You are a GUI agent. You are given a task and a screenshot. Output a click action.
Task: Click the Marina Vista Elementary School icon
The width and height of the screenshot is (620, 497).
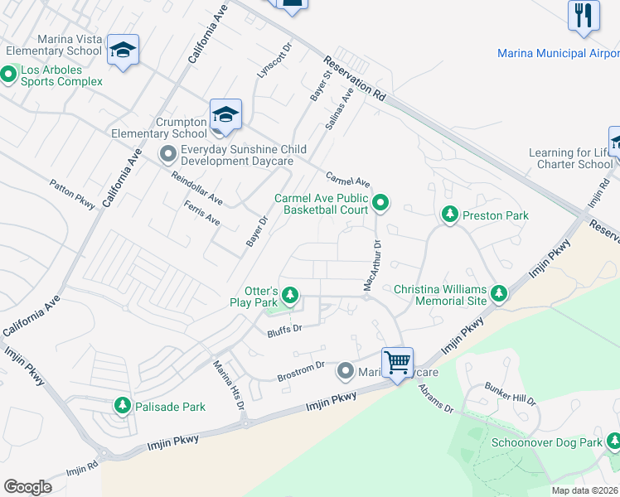(123, 50)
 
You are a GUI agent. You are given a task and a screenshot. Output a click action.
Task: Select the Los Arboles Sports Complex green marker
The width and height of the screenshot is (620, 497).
(9, 75)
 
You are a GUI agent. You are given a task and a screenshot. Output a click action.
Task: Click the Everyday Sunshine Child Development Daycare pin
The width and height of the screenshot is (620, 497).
(168, 154)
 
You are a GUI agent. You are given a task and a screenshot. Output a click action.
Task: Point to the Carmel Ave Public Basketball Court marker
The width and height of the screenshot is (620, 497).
(380, 202)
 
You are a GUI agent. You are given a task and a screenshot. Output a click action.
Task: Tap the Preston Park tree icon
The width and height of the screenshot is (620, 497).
(449, 215)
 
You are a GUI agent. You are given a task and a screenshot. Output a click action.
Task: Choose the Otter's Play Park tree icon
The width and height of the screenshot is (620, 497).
(289, 294)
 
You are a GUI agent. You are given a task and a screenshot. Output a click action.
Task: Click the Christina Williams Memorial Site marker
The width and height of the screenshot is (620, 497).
(498, 293)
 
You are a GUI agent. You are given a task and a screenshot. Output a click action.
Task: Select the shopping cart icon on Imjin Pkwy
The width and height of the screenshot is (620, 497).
(397, 362)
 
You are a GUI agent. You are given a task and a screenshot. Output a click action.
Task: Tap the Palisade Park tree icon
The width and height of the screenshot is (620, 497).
(123, 405)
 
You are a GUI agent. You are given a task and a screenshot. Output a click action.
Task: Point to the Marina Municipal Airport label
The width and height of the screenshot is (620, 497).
(558, 53)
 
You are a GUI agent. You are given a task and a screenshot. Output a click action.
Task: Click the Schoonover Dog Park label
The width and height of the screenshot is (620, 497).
(555, 443)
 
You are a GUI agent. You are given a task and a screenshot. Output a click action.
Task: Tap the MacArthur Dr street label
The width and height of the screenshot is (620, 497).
(371, 265)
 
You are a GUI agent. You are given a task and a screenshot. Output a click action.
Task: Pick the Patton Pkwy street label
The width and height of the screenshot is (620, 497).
(72, 195)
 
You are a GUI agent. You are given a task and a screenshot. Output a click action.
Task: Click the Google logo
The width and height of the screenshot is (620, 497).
(27, 486)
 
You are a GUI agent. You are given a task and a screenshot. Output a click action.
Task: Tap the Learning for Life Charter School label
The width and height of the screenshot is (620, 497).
(571, 158)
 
